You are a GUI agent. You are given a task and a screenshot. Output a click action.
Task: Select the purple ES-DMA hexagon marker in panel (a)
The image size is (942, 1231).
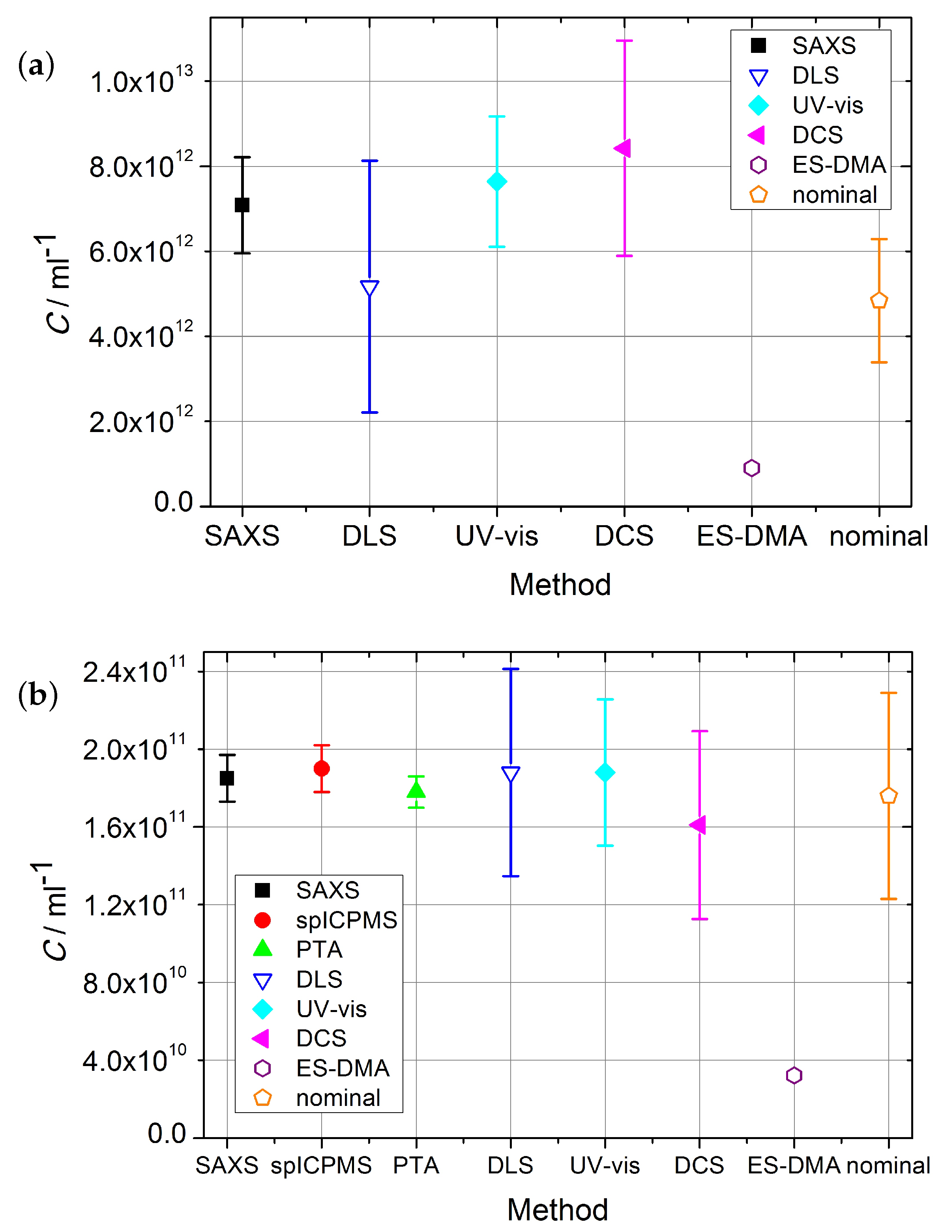pyautogui.click(x=751, y=468)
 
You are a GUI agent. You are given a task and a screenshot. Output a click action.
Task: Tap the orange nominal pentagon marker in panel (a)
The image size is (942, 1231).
pyautogui.click(x=878, y=301)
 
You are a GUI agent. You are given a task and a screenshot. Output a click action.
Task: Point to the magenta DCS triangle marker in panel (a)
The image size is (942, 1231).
pyautogui.click(x=623, y=149)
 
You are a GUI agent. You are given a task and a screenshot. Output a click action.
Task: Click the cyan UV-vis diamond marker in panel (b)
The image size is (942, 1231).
pyautogui.click(x=605, y=773)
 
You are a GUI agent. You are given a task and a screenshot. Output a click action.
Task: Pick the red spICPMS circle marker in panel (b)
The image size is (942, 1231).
pyautogui.click(x=321, y=769)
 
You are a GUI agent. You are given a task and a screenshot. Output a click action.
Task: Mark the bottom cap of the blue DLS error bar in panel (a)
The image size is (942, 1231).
pyautogui.click(x=369, y=413)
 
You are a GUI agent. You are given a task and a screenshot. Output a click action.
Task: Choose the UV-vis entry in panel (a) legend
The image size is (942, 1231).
pyautogui.click(x=827, y=105)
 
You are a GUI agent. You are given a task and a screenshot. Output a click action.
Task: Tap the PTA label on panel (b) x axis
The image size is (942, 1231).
pyautogui.click(x=416, y=1166)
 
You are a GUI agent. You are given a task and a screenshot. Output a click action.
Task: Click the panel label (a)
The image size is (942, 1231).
pyautogui.click(x=36, y=65)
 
